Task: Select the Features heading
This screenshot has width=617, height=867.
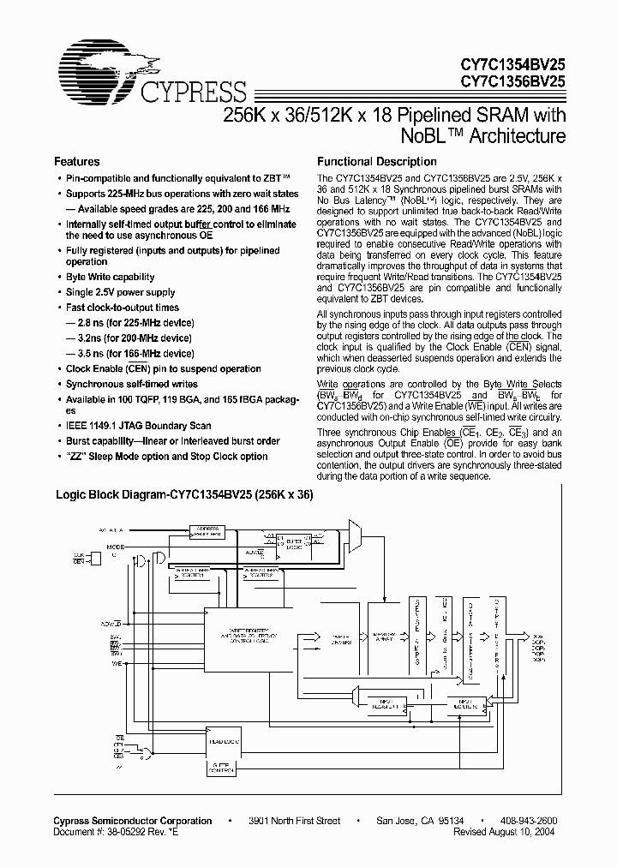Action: [77, 161]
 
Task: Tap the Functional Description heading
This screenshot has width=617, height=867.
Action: [377, 161]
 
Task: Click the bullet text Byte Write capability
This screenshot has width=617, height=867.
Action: [111, 277]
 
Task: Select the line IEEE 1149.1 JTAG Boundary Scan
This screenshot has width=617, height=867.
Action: [139, 426]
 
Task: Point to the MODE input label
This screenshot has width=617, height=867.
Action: [114, 546]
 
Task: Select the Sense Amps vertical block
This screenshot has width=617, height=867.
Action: [417, 634]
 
